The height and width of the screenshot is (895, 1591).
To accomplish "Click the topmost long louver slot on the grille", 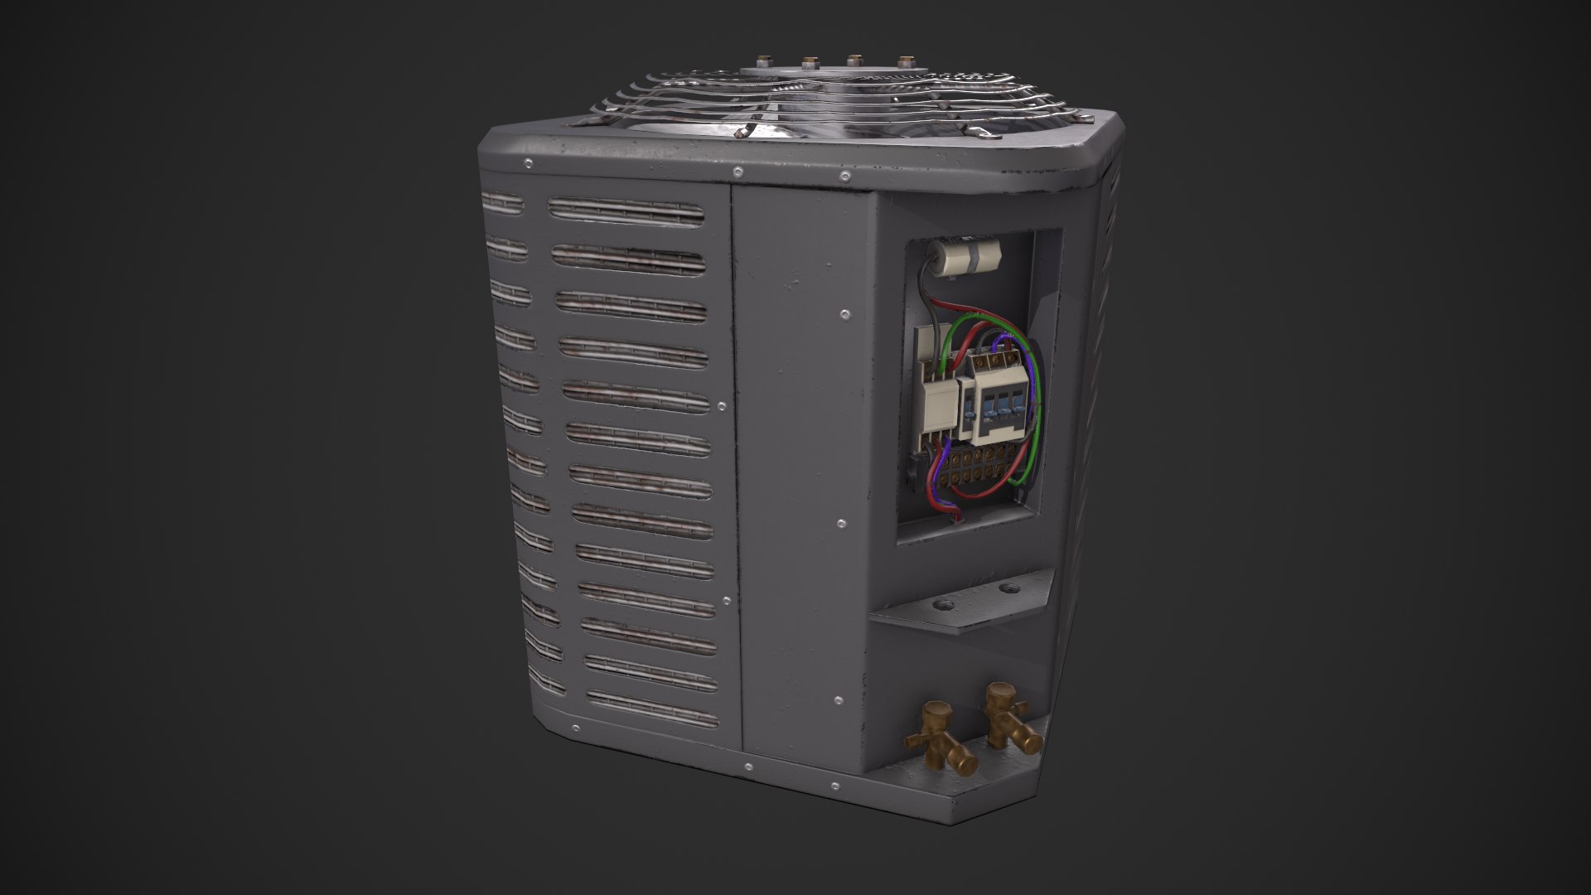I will [626, 210].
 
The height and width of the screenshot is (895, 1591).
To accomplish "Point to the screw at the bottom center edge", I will [747, 767].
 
